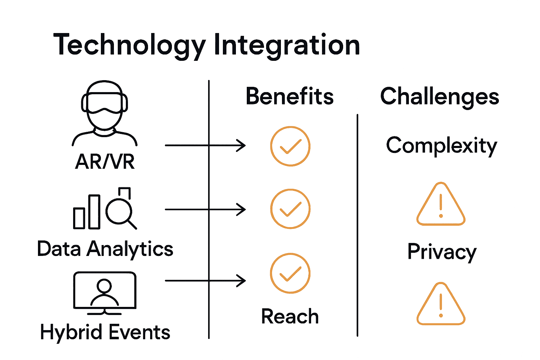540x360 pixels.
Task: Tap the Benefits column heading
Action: [290, 96]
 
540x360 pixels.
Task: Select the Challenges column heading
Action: [439, 96]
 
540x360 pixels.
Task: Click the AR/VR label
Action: [105, 162]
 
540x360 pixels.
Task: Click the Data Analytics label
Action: [105, 249]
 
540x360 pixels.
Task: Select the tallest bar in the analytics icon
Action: [94, 212]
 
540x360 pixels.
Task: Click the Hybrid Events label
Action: [105, 332]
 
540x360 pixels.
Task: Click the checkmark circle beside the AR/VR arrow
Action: [290, 146]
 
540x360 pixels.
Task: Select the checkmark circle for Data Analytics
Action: [290, 209]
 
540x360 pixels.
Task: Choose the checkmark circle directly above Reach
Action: [290, 273]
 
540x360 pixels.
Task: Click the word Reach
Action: [290, 316]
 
